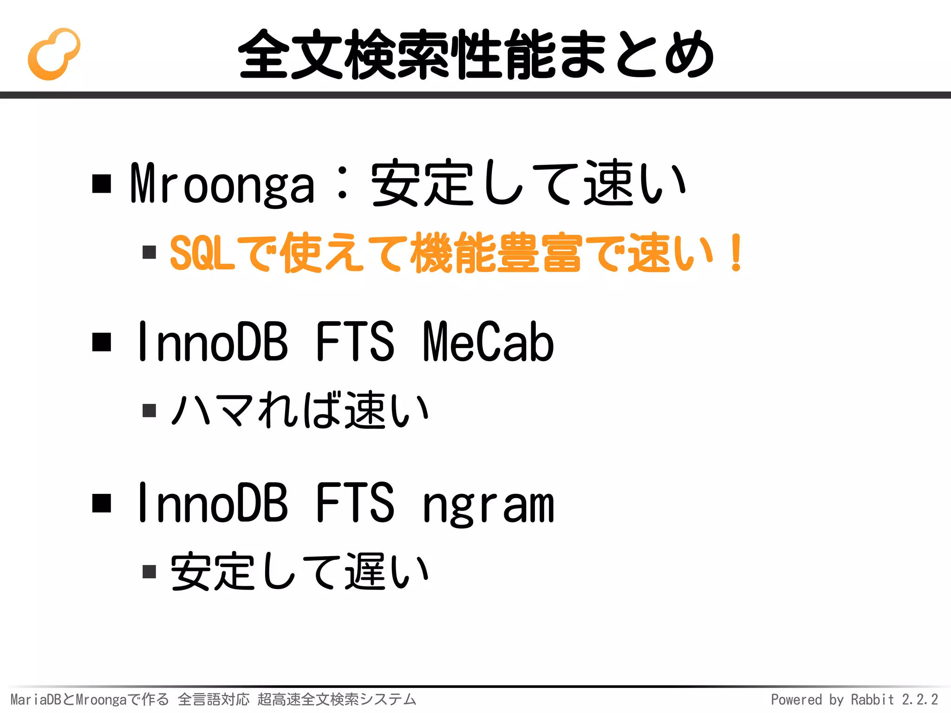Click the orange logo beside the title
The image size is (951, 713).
tap(54, 54)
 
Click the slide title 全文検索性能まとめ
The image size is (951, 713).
tap(475, 54)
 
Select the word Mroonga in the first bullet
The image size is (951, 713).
tap(222, 185)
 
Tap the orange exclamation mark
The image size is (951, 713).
tap(736, 253)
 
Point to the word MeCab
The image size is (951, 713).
tap(489, 342)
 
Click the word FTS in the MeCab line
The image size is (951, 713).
tap(355, 342)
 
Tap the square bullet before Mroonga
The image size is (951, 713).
tap(102, 183)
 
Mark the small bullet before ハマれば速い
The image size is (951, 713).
tap(149, 410)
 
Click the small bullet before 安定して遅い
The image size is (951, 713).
tap(149, 571)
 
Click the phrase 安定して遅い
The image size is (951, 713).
tap(300, 571)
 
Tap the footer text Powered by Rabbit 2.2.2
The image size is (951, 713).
tap(854, 699)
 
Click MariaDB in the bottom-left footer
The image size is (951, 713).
tap(35, 699)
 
